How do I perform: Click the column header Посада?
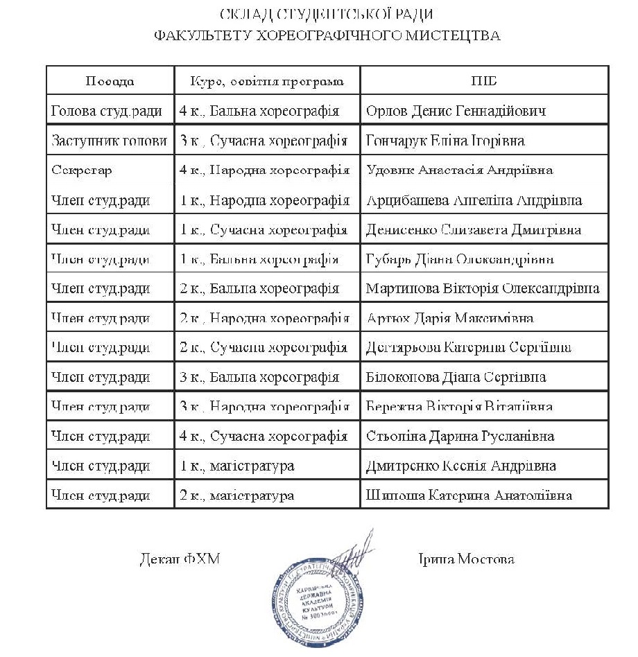pos(110,81)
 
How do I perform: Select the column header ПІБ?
pos(484,81)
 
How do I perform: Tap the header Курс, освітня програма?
pos(267,81)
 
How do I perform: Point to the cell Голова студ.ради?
pos(107,111)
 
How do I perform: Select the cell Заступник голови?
pos(110,141)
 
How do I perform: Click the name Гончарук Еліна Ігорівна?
pos(445,141)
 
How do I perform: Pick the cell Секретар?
pos(82,170)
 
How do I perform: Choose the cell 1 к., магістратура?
pos(236,466)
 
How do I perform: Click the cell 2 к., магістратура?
pos(236,496)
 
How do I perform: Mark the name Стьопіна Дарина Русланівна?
pos(460,437)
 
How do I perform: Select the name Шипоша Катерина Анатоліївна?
pos(468,496)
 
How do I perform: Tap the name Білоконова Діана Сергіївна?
pos(456,378)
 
